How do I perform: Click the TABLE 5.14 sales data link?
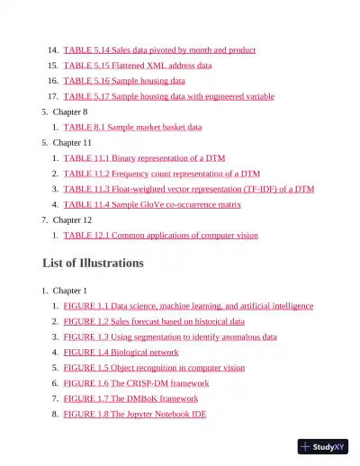click(x=159, y=50)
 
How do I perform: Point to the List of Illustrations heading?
click(x=93, y=264)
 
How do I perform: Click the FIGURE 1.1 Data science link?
click(x=188, y=306)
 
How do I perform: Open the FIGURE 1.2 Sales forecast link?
click(x=154, y=321)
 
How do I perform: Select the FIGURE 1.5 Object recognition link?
click(x=154, y=367)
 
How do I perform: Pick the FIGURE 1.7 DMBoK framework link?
click(x=131, y=398)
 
